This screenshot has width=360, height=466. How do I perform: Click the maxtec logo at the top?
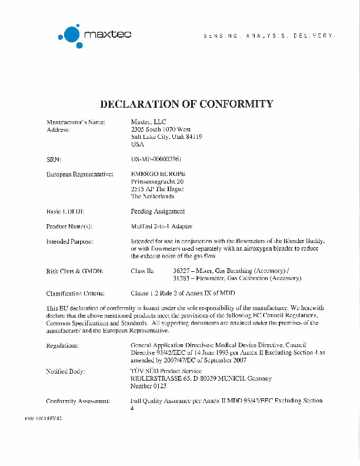click(94, 35)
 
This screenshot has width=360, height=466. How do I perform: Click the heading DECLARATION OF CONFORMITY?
click(186, 104)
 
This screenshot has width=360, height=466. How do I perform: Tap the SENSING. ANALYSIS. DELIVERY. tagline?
click(269, 36)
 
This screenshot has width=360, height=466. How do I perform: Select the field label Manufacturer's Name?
click(76, 122)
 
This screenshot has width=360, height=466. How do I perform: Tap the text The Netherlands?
click(152, 197)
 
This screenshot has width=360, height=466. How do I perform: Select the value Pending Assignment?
click(158, 211)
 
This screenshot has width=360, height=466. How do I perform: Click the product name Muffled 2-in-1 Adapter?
click(161, 226)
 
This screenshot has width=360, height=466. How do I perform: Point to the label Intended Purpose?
click(70, 241)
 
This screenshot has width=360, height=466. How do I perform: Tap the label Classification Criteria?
click(75, 292)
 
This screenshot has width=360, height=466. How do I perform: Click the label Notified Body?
click(65, 372)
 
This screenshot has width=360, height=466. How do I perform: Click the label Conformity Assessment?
click(78, 401)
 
